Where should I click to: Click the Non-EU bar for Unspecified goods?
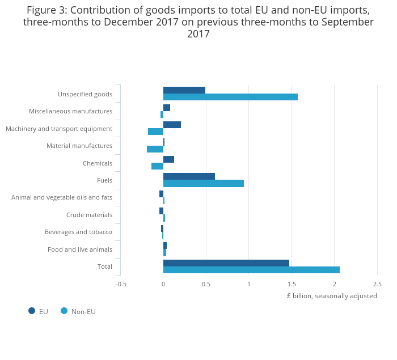pos(230,97)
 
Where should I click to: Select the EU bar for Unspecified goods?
pos(184,90)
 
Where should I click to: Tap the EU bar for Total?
pos(226,263)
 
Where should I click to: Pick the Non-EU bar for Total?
pos(251,270)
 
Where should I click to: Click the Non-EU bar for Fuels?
pos(204,183)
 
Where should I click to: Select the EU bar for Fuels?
pos(189,176)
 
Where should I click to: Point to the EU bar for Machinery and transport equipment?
pos(172,125)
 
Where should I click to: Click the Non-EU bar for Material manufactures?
pos(155,149)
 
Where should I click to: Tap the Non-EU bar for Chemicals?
pos(157,166)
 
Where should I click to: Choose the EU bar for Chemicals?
pos(168,159)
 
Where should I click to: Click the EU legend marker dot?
pos(32,311)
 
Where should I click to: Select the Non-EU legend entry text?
pos(83,311)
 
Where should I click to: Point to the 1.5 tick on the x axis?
pos(292,284)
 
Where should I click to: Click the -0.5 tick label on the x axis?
pos(121,284)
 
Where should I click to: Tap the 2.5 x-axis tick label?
pos(377,284)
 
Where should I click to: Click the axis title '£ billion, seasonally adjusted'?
pos(332,296)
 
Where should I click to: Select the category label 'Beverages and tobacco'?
pos(78,232)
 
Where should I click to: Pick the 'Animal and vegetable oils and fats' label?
pos(62,197)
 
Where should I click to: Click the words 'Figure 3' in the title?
pos(47,10)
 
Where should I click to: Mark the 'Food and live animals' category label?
pos(80,249)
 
